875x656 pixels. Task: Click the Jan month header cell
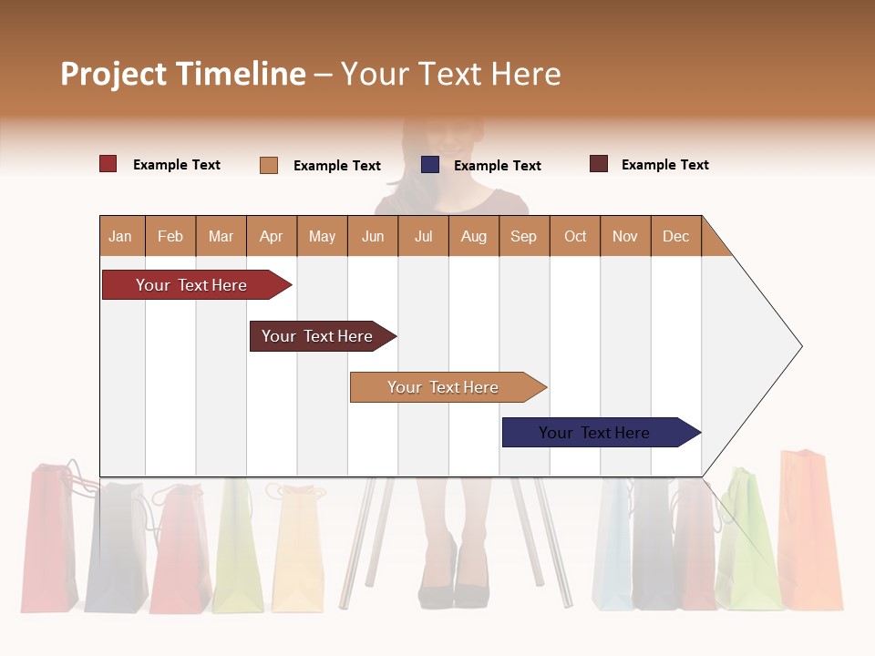pos(121,236)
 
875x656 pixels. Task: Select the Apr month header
pos(272,236)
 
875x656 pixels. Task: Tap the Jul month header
pos(424,236)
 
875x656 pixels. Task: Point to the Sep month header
pos(524,236)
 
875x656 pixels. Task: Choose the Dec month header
pos(676,236)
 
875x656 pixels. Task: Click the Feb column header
pos(170,236)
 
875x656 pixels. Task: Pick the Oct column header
pos(575,236)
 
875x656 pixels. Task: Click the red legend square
pos(108,164)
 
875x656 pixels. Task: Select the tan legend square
pos(269,165)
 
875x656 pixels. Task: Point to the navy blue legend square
pos(430,165)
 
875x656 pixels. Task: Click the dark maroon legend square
pos(599,164)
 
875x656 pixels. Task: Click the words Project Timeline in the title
pos(183,74)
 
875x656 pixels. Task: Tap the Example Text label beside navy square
pos(497,166)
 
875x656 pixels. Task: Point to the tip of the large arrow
pos(799,345)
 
